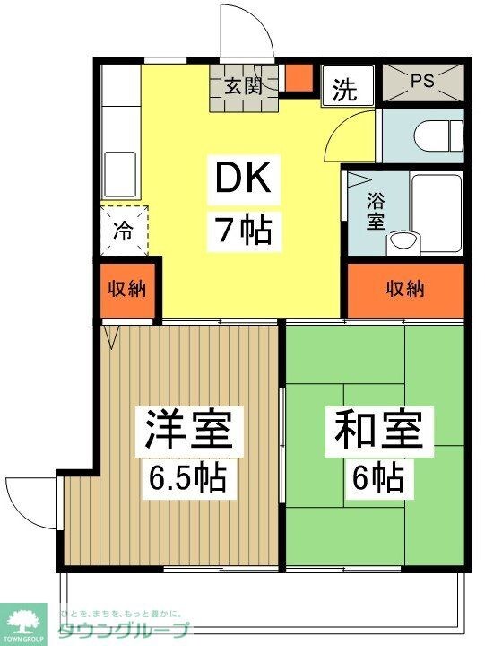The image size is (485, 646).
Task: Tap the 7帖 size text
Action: [x=239, y=231]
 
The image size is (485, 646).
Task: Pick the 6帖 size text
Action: [x=377, y=476]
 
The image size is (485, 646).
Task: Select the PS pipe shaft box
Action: [x=422, y=80]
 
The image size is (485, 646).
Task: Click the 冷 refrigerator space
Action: [x=122, y=230]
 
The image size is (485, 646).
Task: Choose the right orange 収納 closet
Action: [x=405, y=289]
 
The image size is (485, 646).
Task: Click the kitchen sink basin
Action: [x=119, y=170]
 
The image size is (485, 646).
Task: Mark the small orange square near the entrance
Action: [x=298, y=78]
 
